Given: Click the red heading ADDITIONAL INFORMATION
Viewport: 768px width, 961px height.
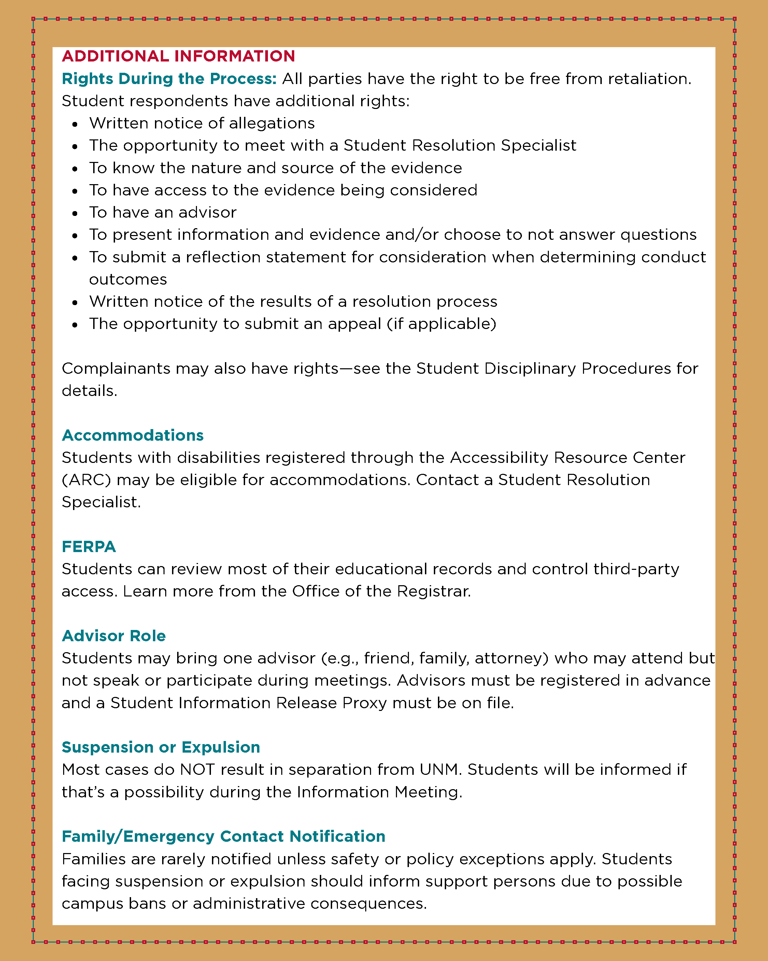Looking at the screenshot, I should [x=178, y=56].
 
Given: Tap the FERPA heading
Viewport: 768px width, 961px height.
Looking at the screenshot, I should [x=89, y=547].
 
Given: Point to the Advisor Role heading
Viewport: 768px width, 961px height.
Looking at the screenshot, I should [x=114, y=636].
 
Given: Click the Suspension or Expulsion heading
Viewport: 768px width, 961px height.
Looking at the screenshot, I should [x=161, y=747].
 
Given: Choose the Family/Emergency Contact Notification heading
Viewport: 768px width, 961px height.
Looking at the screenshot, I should [x=223, y=836].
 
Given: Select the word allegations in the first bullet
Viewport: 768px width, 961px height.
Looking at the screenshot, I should [x=272, y=123].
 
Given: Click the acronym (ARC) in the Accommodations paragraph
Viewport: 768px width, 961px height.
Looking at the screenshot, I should [x=86, y=480].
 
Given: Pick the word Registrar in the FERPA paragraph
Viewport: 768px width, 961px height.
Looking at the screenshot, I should [x=433, y=591].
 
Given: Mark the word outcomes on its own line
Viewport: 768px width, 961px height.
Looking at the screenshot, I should [x=128, y=279].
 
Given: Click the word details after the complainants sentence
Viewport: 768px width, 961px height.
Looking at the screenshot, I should [x=89, y=391].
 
